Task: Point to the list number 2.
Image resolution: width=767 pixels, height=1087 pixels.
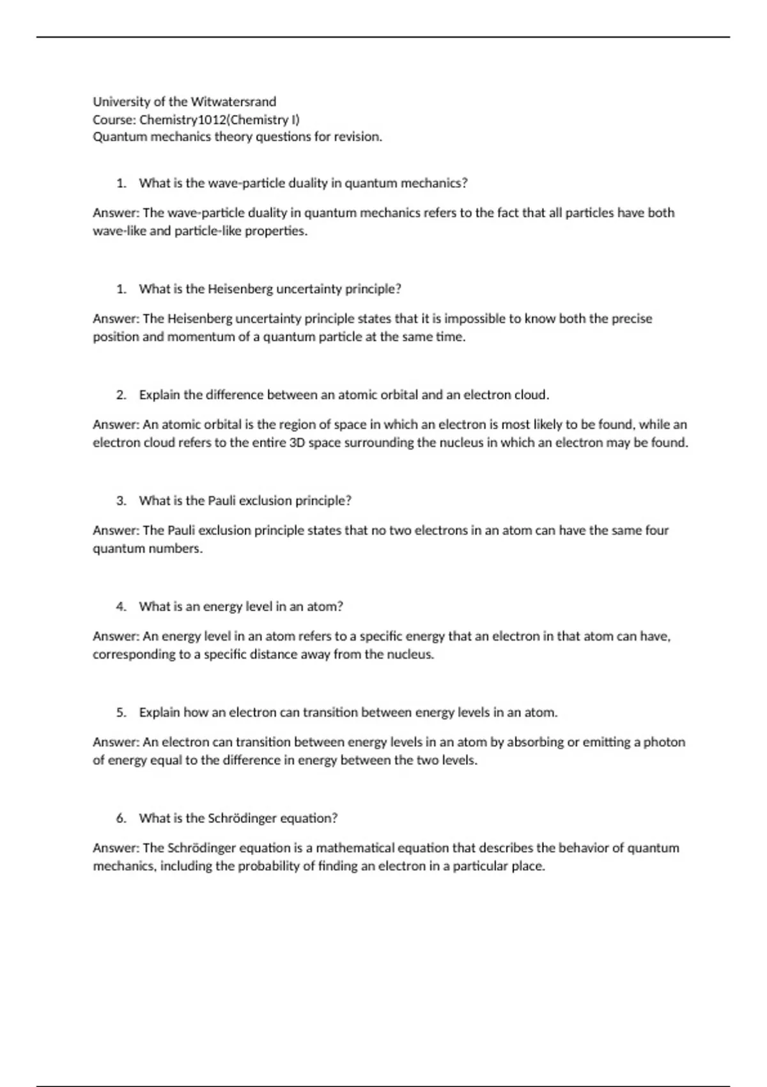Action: pos(121,395)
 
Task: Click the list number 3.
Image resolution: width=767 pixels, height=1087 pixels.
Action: pos(121,501)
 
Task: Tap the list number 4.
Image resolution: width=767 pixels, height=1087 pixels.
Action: pos(121,607)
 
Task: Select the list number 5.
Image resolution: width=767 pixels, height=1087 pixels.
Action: pos(121,712)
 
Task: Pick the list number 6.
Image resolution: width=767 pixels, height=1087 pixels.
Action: pos(121,818)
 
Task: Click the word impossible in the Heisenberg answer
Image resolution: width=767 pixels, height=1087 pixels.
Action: pos(474,318)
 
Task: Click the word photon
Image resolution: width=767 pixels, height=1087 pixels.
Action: pos(664,742)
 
